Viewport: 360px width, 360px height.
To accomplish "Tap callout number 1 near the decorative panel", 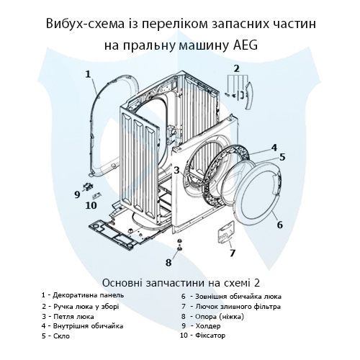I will click(87, 73).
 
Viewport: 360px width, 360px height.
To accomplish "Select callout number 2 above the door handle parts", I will click(235, 68).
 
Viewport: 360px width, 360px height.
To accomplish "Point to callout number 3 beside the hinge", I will click(176, 170).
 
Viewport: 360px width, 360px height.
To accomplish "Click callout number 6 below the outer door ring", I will click(280, 225).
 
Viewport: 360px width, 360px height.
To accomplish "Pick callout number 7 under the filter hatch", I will click(232, 253).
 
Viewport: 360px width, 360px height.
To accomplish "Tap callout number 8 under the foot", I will click(169, 261).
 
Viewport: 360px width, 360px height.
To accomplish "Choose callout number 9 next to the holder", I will click(77, 193).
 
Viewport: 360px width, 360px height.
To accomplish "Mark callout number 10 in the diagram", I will click(91, 205).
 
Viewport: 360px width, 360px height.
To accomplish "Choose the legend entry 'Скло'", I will click(60, 336).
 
